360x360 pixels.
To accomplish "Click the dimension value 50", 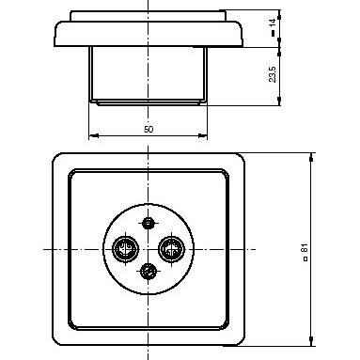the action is (x=149, y=129).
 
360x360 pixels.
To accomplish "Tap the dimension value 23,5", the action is (x=273, y=74).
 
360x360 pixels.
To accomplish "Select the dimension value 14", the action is (x=273, y=23).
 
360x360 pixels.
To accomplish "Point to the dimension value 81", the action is (x=305, y=248).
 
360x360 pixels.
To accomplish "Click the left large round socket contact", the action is (x=125, y=249).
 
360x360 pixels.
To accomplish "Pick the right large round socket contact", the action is (x=171, y=249).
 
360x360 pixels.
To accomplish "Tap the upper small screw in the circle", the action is (x=149, y=223).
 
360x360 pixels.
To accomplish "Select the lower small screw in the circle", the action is (x=149, y=271).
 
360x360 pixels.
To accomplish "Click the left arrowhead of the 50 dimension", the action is (x=93, y=135).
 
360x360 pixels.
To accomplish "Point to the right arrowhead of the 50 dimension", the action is (x=203, y=135).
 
